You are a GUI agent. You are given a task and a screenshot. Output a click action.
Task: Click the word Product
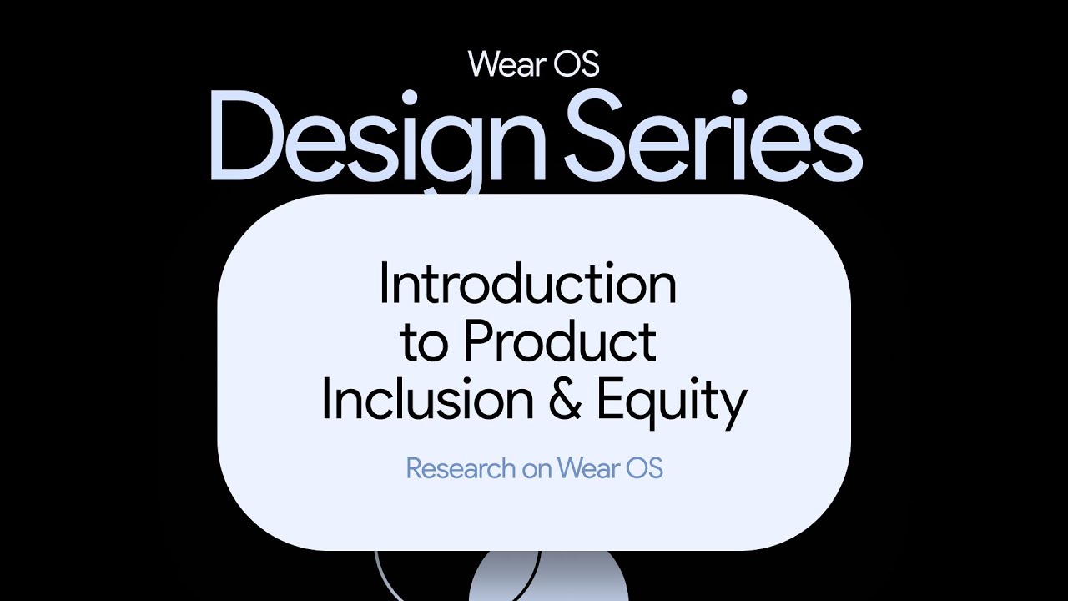560,341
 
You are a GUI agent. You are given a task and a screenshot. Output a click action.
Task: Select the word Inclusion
428,398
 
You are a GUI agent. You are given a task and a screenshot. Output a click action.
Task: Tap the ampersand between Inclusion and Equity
565,398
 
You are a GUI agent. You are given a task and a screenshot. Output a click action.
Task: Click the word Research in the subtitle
461,468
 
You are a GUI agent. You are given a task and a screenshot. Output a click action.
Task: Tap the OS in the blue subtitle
644,468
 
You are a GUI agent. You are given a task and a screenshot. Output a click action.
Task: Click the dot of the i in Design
409,98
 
